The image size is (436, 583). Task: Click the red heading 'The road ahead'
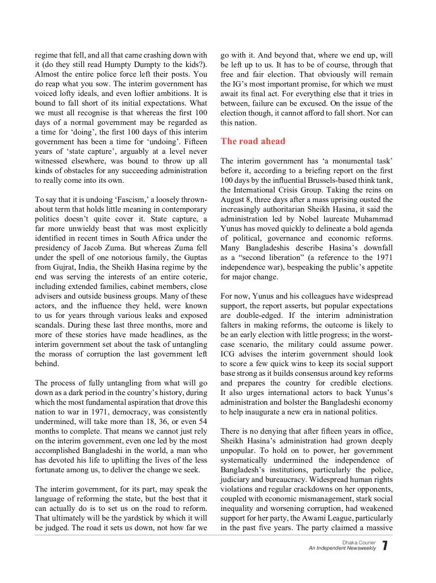pyautogui.click(x=253, y=141)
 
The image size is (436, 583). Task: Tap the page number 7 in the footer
pyautogui.click(x=385, y=546)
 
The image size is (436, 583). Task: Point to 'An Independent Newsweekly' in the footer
pyautogui.click(x=342, y=548)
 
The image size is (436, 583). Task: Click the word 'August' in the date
pyautogui.click(x=234, y=200)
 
